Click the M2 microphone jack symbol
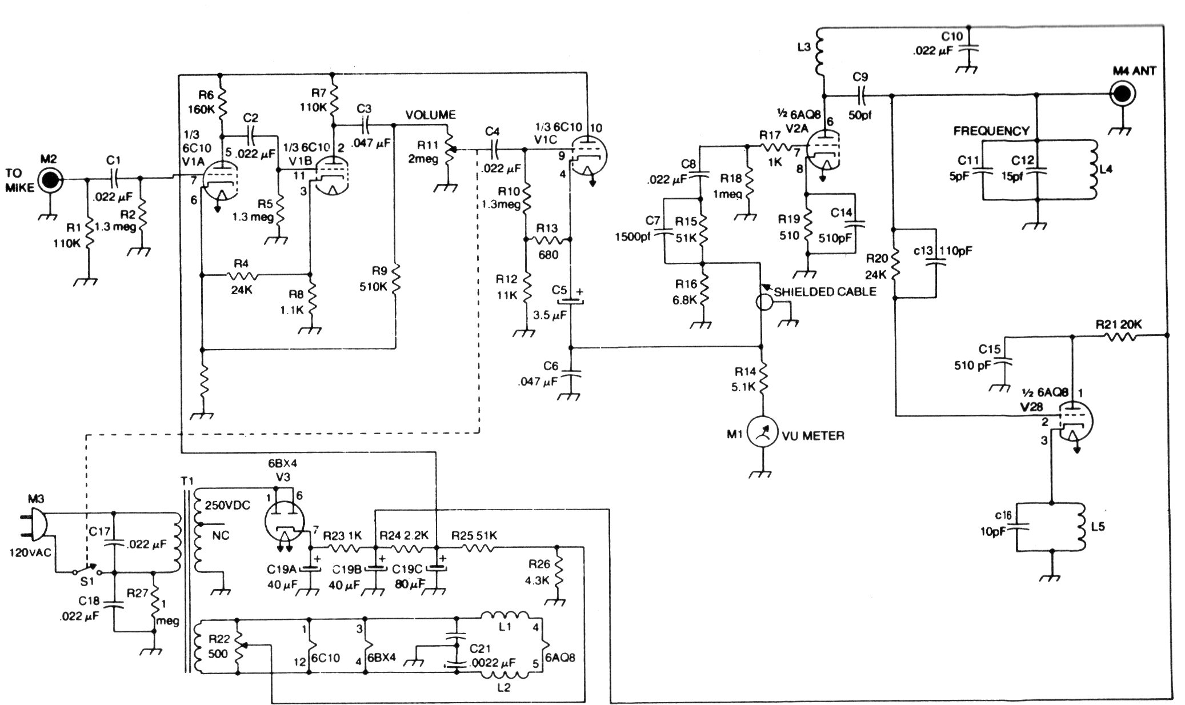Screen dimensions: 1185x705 [50, 179]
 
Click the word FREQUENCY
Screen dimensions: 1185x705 [991, 131]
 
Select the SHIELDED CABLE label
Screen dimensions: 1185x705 [825, 292]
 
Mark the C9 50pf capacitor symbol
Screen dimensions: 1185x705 [859, 94]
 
